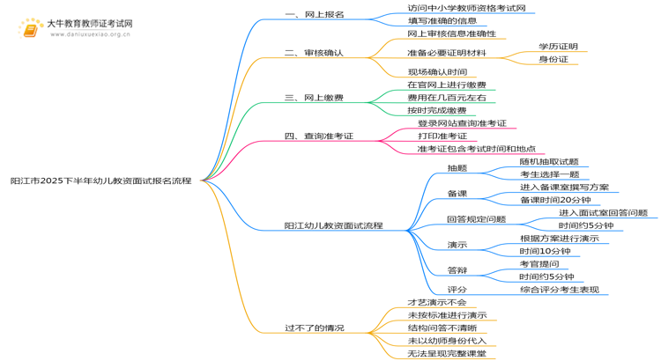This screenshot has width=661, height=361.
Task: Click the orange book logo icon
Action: (x=30, y=28)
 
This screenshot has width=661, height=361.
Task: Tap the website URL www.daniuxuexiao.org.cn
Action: (x=90, y=34)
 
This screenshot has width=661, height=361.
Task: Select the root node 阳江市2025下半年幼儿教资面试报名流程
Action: (x=101, y=180)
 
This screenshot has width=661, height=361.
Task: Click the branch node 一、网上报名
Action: (x=315, y=14)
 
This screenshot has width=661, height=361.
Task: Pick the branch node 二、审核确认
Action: (x=314, y=53)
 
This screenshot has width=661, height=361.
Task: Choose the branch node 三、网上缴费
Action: (x=314, y=98)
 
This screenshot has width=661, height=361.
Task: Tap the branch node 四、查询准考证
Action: (x=319, y=136)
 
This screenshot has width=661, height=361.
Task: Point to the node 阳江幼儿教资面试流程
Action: (x=333, y=225)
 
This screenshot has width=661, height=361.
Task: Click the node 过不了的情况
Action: (x=315, y=328)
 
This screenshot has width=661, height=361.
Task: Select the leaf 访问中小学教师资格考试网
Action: (x=466, y=8)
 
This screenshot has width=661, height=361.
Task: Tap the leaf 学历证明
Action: (x=558, y=47)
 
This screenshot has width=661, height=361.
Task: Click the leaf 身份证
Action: (x=553, y=59)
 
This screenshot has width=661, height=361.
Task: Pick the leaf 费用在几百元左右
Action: (x=447, y=98)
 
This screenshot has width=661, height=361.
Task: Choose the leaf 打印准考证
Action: (x=442, y=136)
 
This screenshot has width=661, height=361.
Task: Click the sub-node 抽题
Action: (x=457, y=168)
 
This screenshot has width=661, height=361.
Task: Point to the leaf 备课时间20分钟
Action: (x=555, y=200)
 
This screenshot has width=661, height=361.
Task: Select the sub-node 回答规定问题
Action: (x=476, y=219)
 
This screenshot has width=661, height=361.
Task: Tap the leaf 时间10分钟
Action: (x=545, y=251)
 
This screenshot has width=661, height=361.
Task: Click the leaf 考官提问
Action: (x=539, y=264)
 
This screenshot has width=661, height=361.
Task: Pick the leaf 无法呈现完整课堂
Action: (x=447, y=353)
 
